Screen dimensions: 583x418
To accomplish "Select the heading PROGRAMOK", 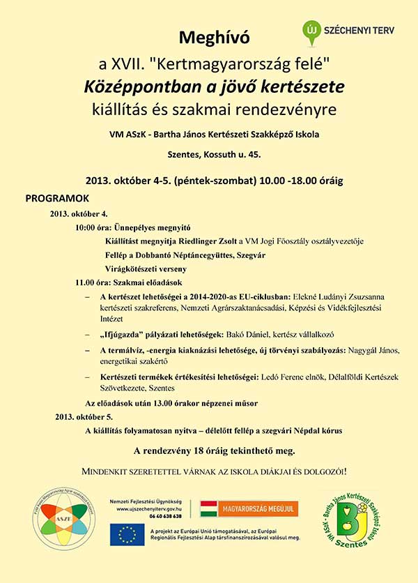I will click(57, 198).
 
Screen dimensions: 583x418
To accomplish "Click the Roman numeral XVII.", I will click(129, 65).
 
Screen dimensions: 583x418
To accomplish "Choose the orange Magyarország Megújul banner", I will click(249, 508).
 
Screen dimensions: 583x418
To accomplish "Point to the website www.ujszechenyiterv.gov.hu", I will click(151, 508).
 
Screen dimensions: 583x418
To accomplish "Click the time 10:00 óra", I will click(95, 227).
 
